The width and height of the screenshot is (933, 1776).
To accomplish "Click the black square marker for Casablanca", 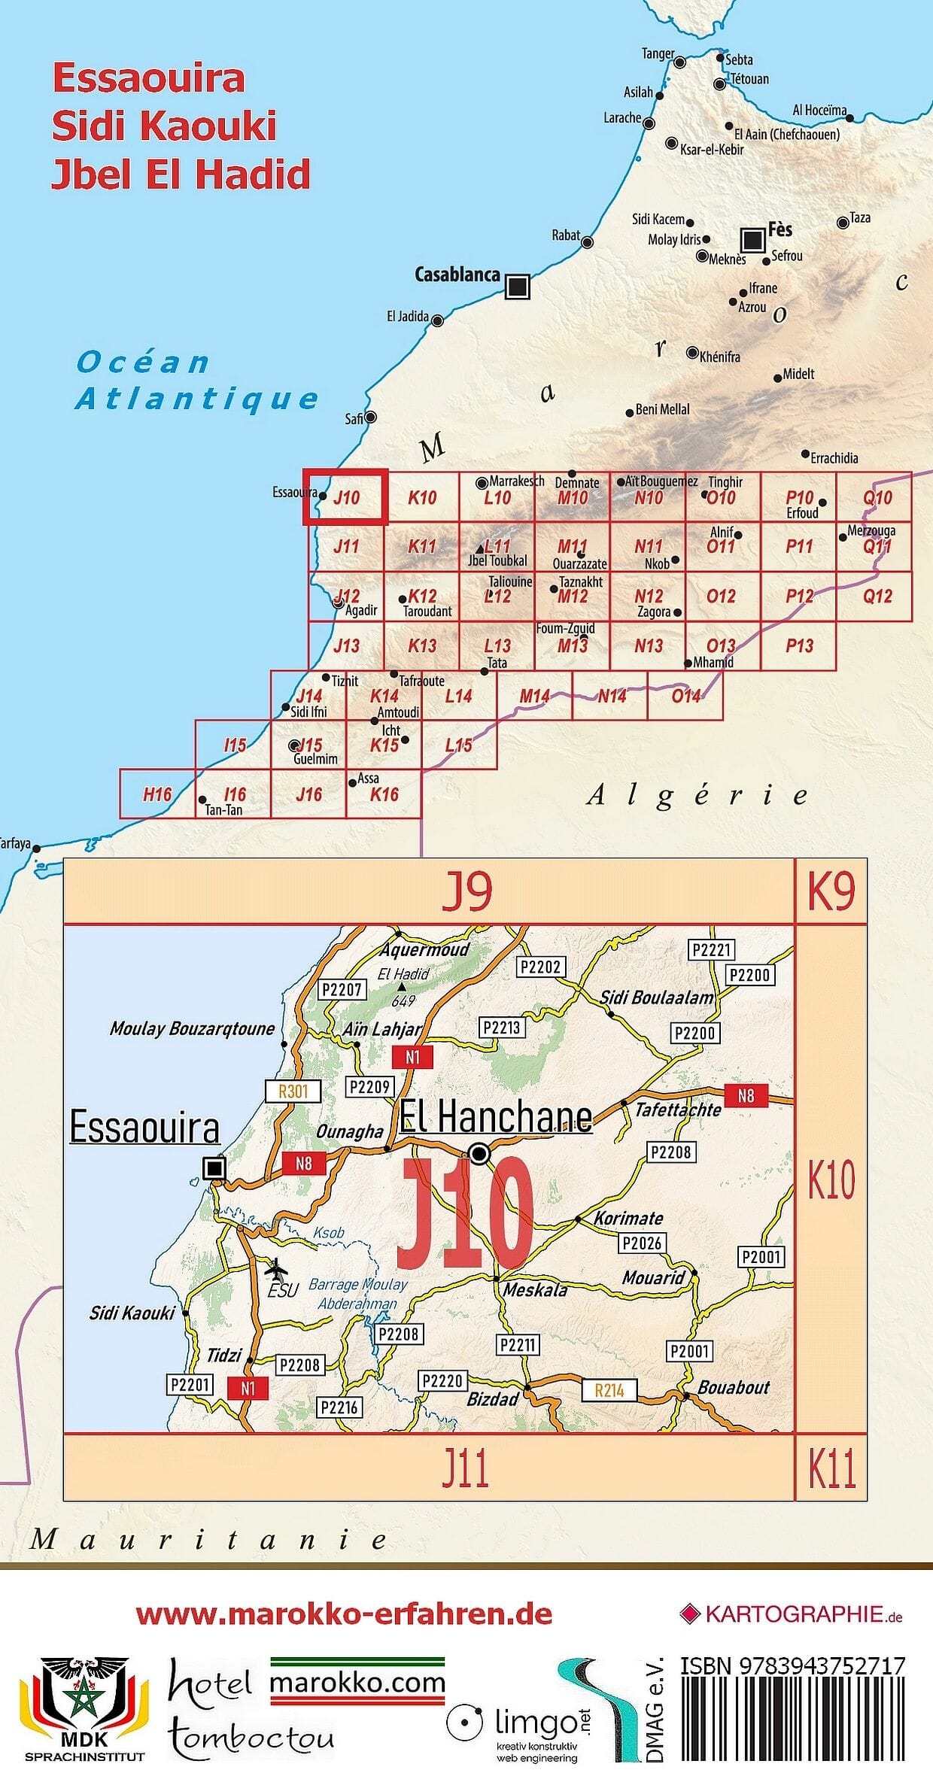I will [x=517, y=287].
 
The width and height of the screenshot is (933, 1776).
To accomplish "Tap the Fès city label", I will [x=780, y=229].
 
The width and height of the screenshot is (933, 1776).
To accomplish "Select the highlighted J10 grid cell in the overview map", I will [x=346, y=496].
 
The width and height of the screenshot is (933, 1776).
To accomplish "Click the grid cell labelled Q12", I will [x=877, y=597].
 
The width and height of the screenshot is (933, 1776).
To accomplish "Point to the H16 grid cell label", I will [x=157, y=794].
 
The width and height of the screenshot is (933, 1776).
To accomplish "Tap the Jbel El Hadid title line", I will [x=181, y=174].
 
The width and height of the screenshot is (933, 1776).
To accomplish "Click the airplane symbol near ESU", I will [x=277, y=1269].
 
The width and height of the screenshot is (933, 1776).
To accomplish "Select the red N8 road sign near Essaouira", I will [x=303, y=1164].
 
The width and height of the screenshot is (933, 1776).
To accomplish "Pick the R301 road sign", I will [x=293, y=1091].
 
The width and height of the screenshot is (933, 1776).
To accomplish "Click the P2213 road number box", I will [x=501, y=1028].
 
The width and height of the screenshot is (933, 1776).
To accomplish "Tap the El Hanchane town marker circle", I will [x=479, y=1153].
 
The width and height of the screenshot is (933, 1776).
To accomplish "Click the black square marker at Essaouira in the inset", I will [x=214, y=1168].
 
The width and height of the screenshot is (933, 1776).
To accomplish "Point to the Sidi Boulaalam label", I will [x=656, y=998].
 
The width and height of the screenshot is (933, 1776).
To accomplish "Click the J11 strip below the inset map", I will [x=466, y=1468].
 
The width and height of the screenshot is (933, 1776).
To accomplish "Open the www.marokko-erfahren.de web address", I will [x=344, y=1614].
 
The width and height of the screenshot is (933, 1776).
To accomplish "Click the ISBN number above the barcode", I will [x=792, y=1667].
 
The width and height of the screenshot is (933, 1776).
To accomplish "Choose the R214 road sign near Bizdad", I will [x=609, y=1390].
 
